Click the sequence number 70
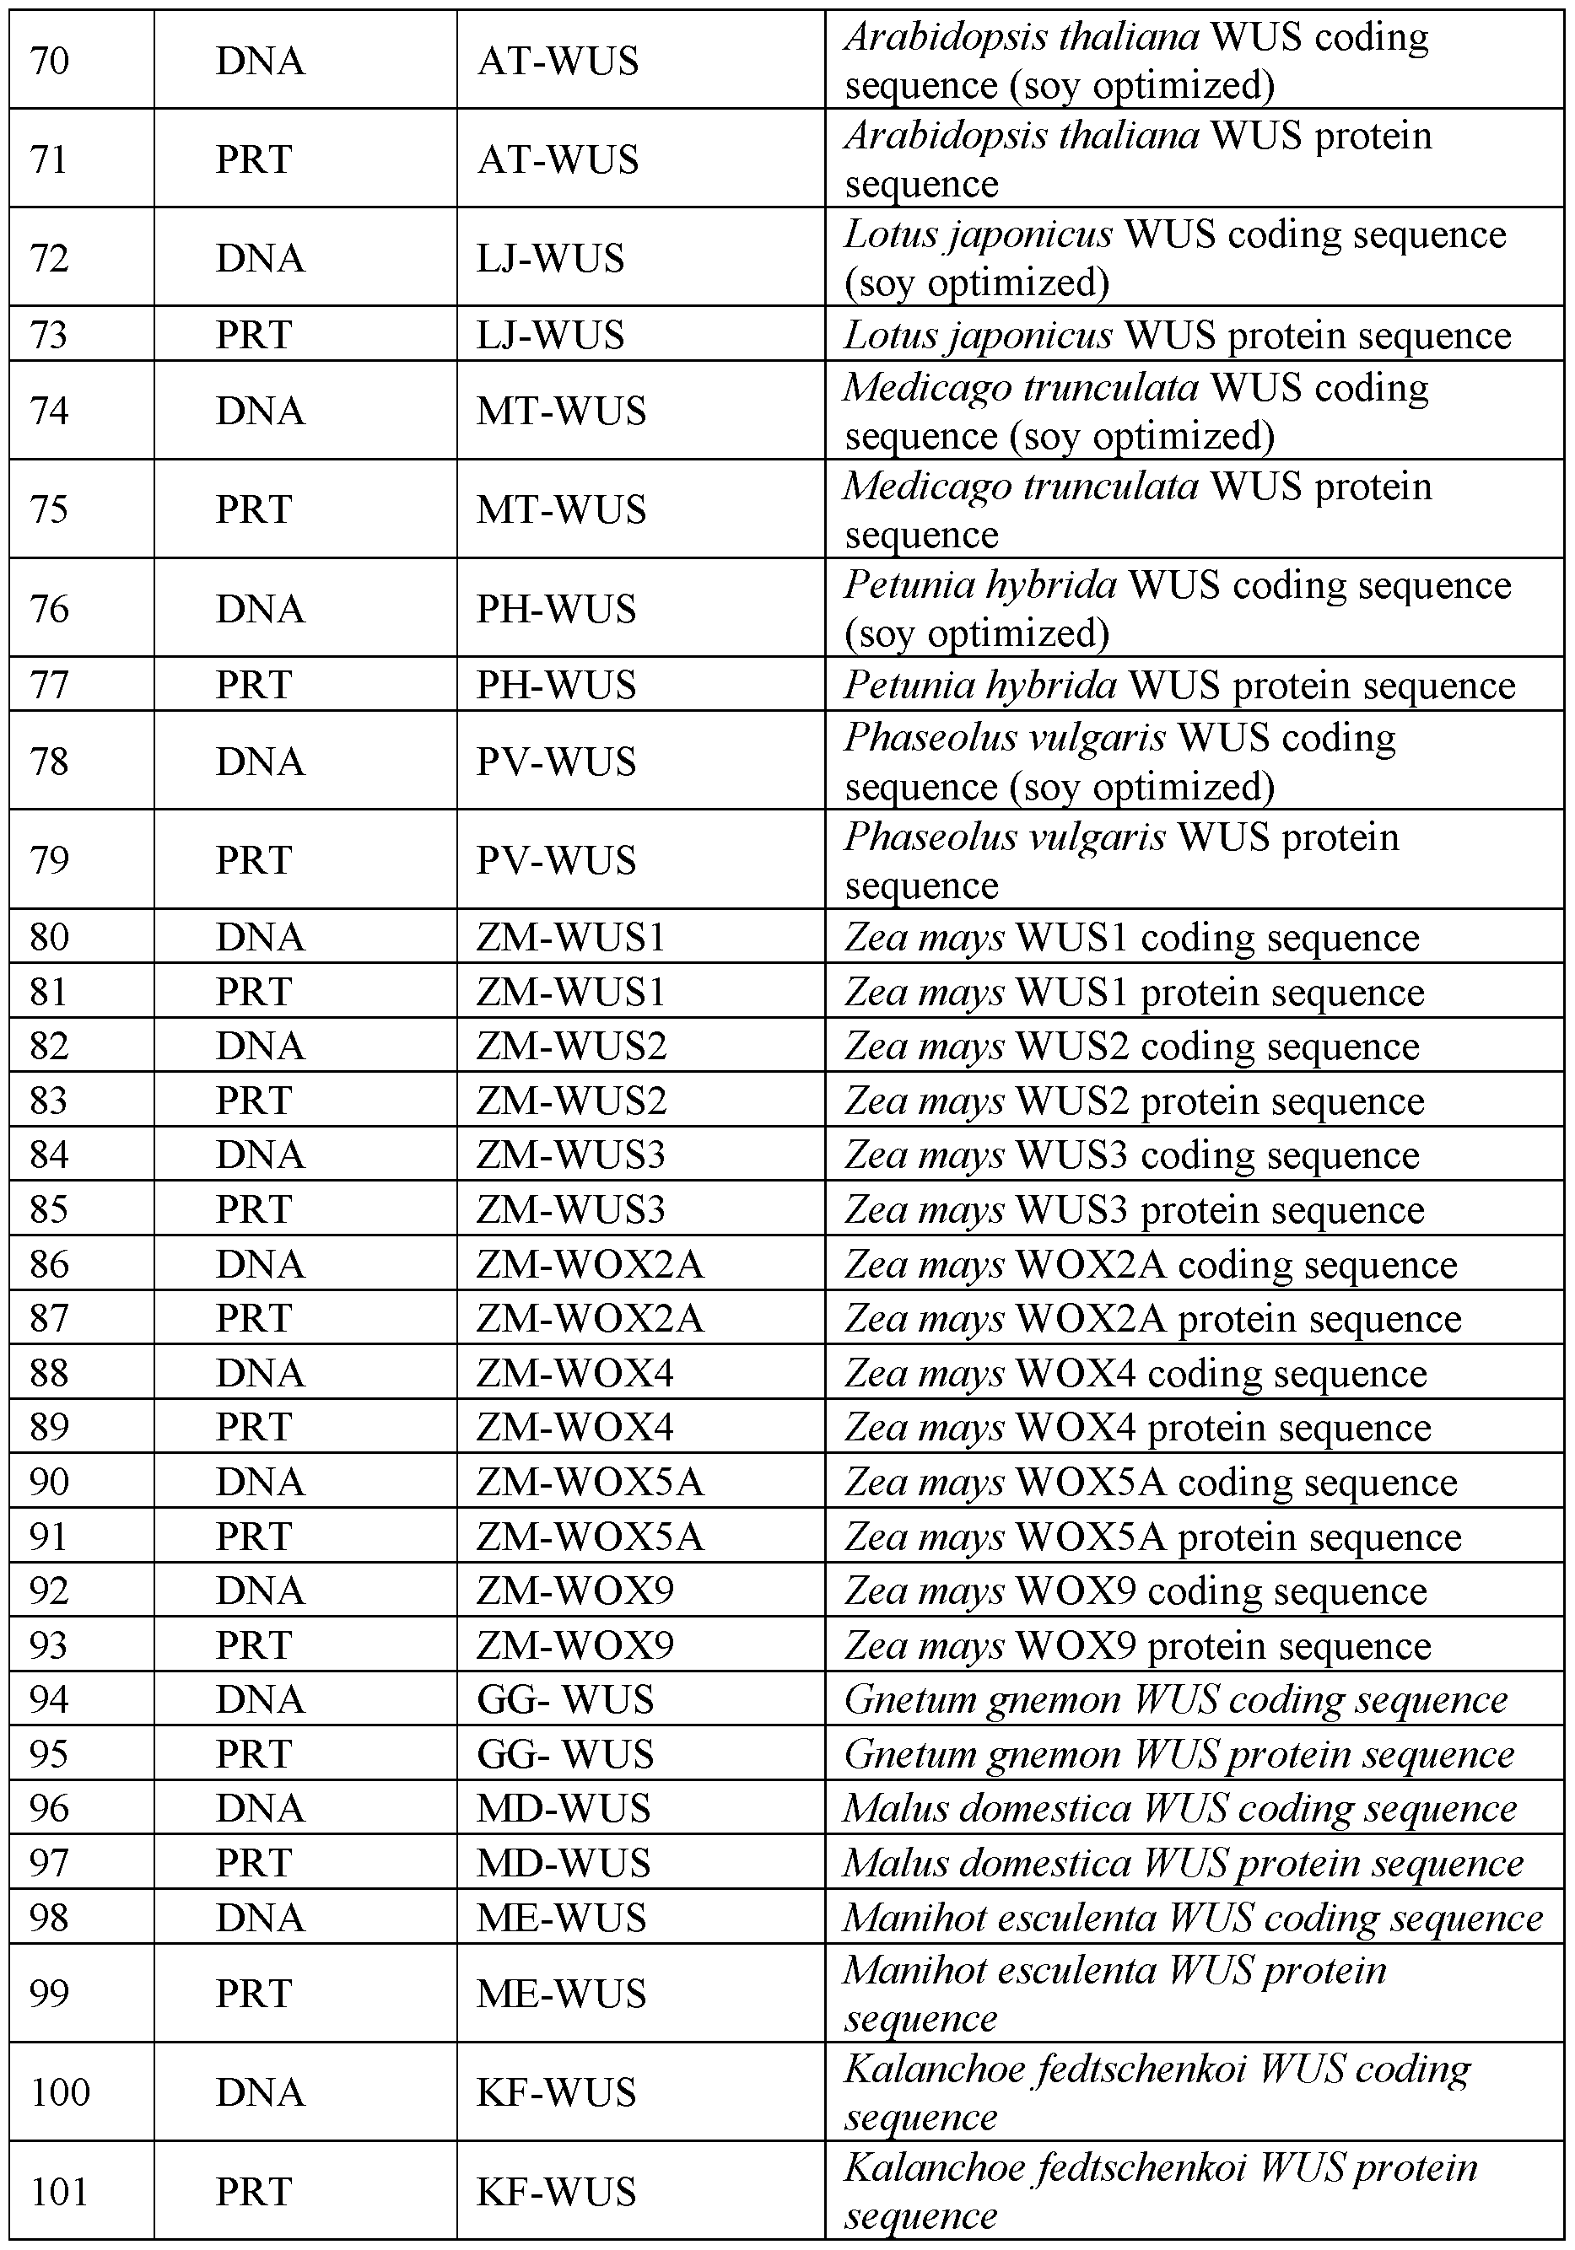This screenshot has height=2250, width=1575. [x=50, y=61]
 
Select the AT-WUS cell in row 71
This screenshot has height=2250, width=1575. [x=558, y=159]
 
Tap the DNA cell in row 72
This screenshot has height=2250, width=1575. [x=260, y=258]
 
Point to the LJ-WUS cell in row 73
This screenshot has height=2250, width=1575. [x=550, y=335]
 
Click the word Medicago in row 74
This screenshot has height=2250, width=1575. [x=921, y=388]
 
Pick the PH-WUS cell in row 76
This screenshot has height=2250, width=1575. [x=556, y=609]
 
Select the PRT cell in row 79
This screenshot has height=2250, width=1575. [x=254, y=859]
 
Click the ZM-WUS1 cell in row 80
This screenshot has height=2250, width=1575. [x=570, y=938]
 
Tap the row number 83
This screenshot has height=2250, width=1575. [x=50, y=1101]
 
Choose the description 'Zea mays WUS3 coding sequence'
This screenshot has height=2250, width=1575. [x=1131, y=1155]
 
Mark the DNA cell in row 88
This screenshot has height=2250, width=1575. [x=260, y=1373]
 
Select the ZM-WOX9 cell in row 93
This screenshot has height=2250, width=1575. [x=575, y=1644]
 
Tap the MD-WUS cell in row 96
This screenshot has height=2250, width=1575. [x=564, y=1808]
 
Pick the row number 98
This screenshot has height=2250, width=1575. [x=50, y=1917]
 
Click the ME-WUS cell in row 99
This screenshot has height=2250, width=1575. [x=562, y=1994]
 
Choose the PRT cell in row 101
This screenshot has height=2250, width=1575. [x=254, y=2190]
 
